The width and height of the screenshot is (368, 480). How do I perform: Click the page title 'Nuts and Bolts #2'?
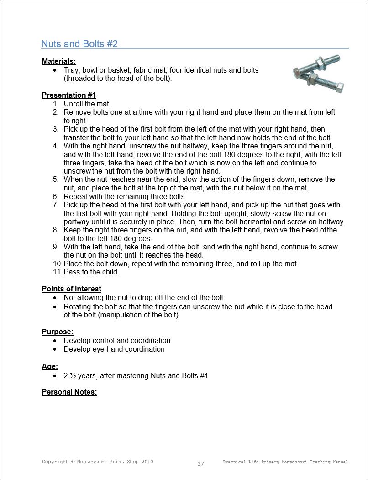click(x=79, y=44)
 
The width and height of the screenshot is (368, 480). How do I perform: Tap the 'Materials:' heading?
click(x=58, y=61)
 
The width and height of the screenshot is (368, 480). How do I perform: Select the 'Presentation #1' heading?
click(x=68, y=95)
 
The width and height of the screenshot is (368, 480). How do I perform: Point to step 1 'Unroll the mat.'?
click(x=87, y=104)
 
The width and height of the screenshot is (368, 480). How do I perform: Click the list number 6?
click(x=55, y=196)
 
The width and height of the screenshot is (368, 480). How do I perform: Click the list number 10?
click(x=57, y=264)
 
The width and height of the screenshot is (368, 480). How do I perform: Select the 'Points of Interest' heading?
click(x=72, y=289)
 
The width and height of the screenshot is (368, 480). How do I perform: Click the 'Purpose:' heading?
click(x=58, y=332)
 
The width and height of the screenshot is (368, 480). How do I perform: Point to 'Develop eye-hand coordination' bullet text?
click(x=114, y=349)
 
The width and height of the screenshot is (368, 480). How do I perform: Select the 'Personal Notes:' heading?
click(x=69, y=392)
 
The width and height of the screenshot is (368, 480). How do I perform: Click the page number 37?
click(x=200, y=464)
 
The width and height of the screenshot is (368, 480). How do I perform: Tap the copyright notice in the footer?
click(x=97, y=462)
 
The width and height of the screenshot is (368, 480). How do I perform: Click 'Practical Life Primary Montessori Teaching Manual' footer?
click(x=285, y=462)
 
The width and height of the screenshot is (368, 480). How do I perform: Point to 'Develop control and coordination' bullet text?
click(x=117, y=340)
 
